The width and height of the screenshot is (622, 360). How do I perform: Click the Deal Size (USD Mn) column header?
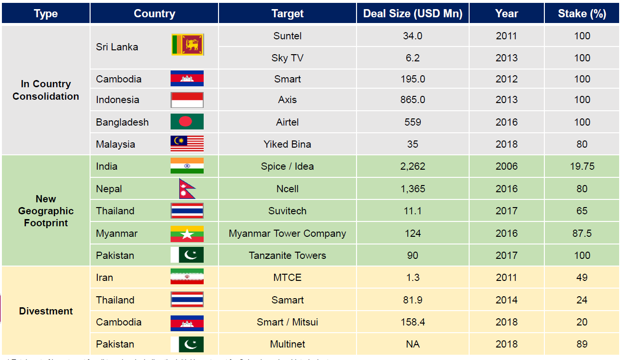(413, 13)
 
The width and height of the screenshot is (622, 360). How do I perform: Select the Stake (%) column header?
(582, 13)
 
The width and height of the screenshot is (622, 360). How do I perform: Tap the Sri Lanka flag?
(187, 45)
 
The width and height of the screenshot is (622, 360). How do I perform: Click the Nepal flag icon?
(187, 189)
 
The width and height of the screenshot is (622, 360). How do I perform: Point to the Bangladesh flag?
(187, 122)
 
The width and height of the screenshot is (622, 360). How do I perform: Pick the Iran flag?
(187, 277)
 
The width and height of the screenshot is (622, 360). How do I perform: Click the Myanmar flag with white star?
(187, 233)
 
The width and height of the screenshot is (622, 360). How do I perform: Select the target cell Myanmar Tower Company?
(287, 233)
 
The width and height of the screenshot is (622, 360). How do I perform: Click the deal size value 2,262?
(413, 166)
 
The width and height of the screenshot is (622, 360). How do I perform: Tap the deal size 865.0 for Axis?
(413, 100)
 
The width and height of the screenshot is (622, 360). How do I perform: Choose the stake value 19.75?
(582, 166)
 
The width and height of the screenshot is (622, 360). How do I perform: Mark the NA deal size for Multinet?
(413, 344)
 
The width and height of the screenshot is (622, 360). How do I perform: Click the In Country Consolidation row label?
(46, 90)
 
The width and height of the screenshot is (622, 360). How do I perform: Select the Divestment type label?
(46, 311)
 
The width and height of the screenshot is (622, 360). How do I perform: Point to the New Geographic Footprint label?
(46, 211)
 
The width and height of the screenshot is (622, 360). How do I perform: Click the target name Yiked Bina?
(287, 144)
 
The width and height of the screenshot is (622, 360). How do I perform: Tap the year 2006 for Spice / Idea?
(507, 166)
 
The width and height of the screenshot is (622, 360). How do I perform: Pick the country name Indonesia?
(117, 100)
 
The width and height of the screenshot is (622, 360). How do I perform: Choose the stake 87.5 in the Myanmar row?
(582, 233)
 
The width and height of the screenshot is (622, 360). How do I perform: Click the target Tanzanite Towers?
(287, 255)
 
